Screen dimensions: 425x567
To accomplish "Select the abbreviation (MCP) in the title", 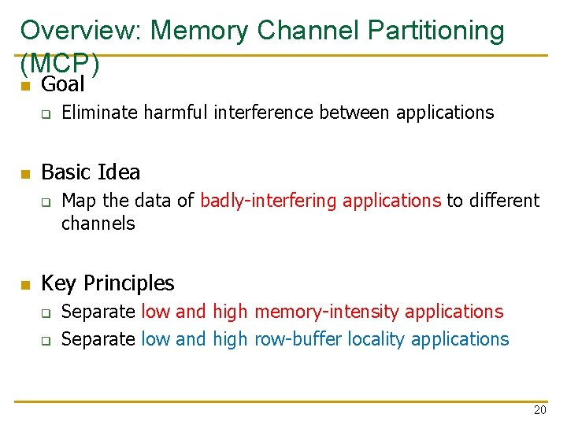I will [60, 62].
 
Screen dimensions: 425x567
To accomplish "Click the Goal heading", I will [62, 83].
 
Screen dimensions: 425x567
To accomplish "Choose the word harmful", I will [178, 113].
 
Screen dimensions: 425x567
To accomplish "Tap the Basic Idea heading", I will [90, 172].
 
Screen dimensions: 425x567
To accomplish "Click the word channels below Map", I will [98, 224].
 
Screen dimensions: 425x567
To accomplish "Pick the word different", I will [504, 201].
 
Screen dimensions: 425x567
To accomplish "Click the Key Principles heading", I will [107, 283].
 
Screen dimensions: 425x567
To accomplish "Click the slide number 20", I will [539, 410].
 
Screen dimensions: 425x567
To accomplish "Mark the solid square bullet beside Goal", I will [25, 85].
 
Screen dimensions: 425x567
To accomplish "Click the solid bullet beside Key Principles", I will [25, 284].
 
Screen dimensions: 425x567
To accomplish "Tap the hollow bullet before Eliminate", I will [46, 114].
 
